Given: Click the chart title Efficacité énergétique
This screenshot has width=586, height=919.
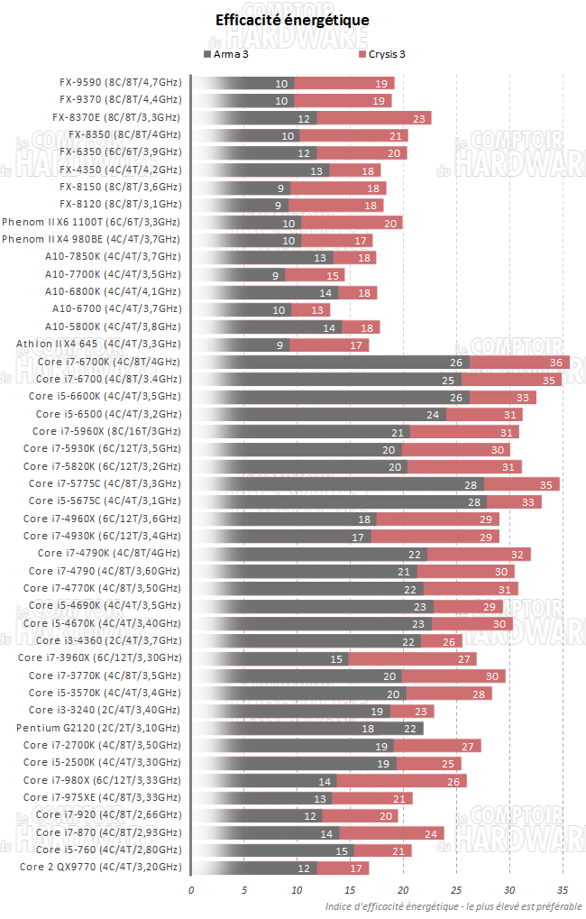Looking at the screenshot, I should pyautogui.click(x=292, y=20).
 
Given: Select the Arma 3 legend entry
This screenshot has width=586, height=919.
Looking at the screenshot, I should pyautogui.click(x=231, y=54).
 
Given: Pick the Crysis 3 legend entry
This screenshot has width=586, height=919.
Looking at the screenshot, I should pyautogui.click(x=382, y=54).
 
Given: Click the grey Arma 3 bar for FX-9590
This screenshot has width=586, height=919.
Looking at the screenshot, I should pyautogui.click(x=243, y=83).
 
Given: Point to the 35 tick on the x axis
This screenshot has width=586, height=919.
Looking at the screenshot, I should pyautogui.click(x=563, y=890).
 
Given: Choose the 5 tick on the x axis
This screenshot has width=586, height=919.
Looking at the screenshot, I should pyautogui.click(x=244, y=890).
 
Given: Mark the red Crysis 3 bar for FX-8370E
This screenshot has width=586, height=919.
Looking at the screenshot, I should pyautogui.click(x=374, y=118).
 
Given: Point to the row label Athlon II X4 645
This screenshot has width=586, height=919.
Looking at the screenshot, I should pyautogui.click(x=98, y=344).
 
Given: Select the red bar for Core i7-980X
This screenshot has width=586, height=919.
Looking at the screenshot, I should pyautogui.click(x=401, y=780).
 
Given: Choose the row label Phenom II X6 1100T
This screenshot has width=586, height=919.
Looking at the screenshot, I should pyautogui.click(x=91, y=222).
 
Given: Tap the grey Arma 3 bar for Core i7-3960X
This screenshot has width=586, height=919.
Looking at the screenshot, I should pyautogui.click(x=270, y=658).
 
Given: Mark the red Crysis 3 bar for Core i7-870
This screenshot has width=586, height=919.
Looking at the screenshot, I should pyautogui.click(x=391, y=832).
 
